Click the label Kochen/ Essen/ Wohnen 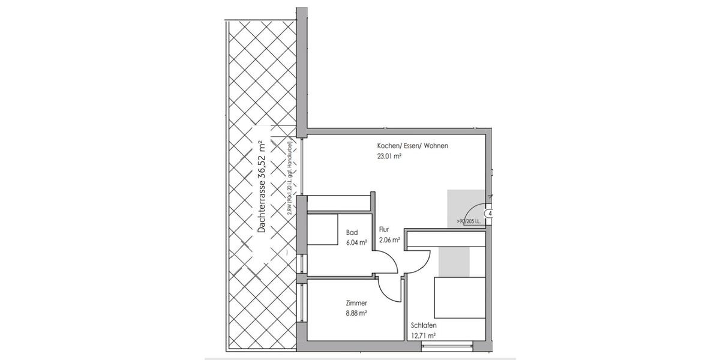click(x=412, y=146)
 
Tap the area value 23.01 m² click(x=389, y=156)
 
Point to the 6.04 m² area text click(x=357, y=242)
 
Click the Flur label click(x=384, y=229)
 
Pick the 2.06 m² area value click(x=389, y=239)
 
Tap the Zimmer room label click(x=356, y=303)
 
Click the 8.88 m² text click(x=356, y=313)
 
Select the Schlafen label click(x=423, y=326)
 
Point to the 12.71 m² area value click(x=423, y=336)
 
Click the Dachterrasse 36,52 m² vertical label click(x=261, y=187)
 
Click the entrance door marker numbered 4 click(x=490, y=214)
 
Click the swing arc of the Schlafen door click(x=422, y=261)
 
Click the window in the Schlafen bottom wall click(x=448, y=346)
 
